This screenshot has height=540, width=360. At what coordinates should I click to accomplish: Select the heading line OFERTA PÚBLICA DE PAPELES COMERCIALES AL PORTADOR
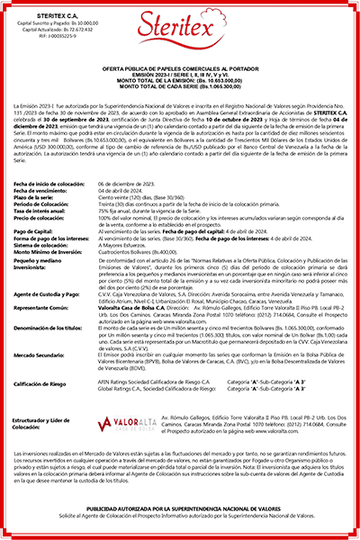[x=180, y=69]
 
